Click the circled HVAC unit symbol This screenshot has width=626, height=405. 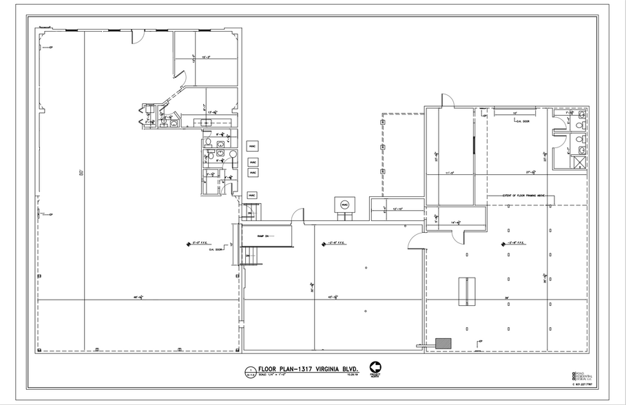(344, 205)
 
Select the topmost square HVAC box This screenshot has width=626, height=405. (252, 146)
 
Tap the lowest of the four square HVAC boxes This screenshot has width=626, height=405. (252, 196)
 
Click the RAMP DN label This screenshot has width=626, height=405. (262, 236)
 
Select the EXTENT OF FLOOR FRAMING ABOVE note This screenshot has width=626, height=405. (525, 196)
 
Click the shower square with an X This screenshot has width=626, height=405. (581, 163)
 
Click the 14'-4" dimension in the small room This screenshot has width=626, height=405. (455, 222)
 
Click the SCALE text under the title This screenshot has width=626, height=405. (267, 375)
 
